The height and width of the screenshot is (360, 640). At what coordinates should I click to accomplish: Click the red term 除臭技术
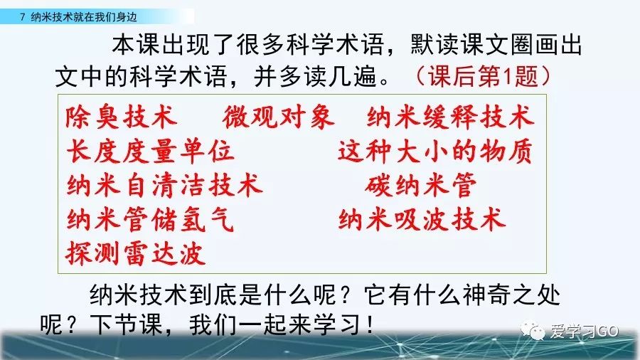pos(120,117)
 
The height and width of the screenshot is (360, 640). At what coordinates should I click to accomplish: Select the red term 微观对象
pos(278,117)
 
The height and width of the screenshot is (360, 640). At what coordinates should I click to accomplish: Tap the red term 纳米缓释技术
pos(450,117)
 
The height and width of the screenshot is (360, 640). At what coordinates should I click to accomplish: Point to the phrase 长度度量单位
pos(150,151)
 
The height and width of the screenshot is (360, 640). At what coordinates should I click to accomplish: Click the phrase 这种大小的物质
pos(434,151)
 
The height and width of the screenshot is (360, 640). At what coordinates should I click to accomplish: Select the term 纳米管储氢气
pos(150,219)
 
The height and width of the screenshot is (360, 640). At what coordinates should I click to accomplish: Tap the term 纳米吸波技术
pos(422,219)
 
